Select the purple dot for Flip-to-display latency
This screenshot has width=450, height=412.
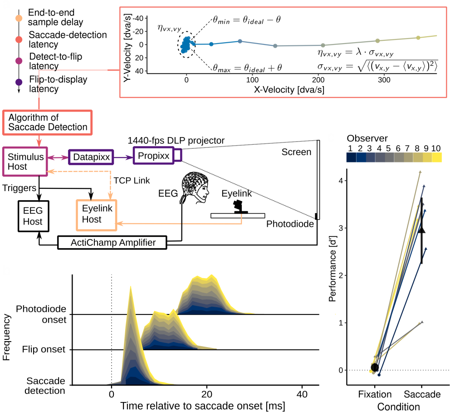19,83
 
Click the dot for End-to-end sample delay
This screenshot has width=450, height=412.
19,18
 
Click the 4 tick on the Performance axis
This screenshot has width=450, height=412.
339,181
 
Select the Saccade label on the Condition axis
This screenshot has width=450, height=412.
422,394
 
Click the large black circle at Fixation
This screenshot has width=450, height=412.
375,367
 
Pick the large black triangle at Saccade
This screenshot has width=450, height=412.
422,230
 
